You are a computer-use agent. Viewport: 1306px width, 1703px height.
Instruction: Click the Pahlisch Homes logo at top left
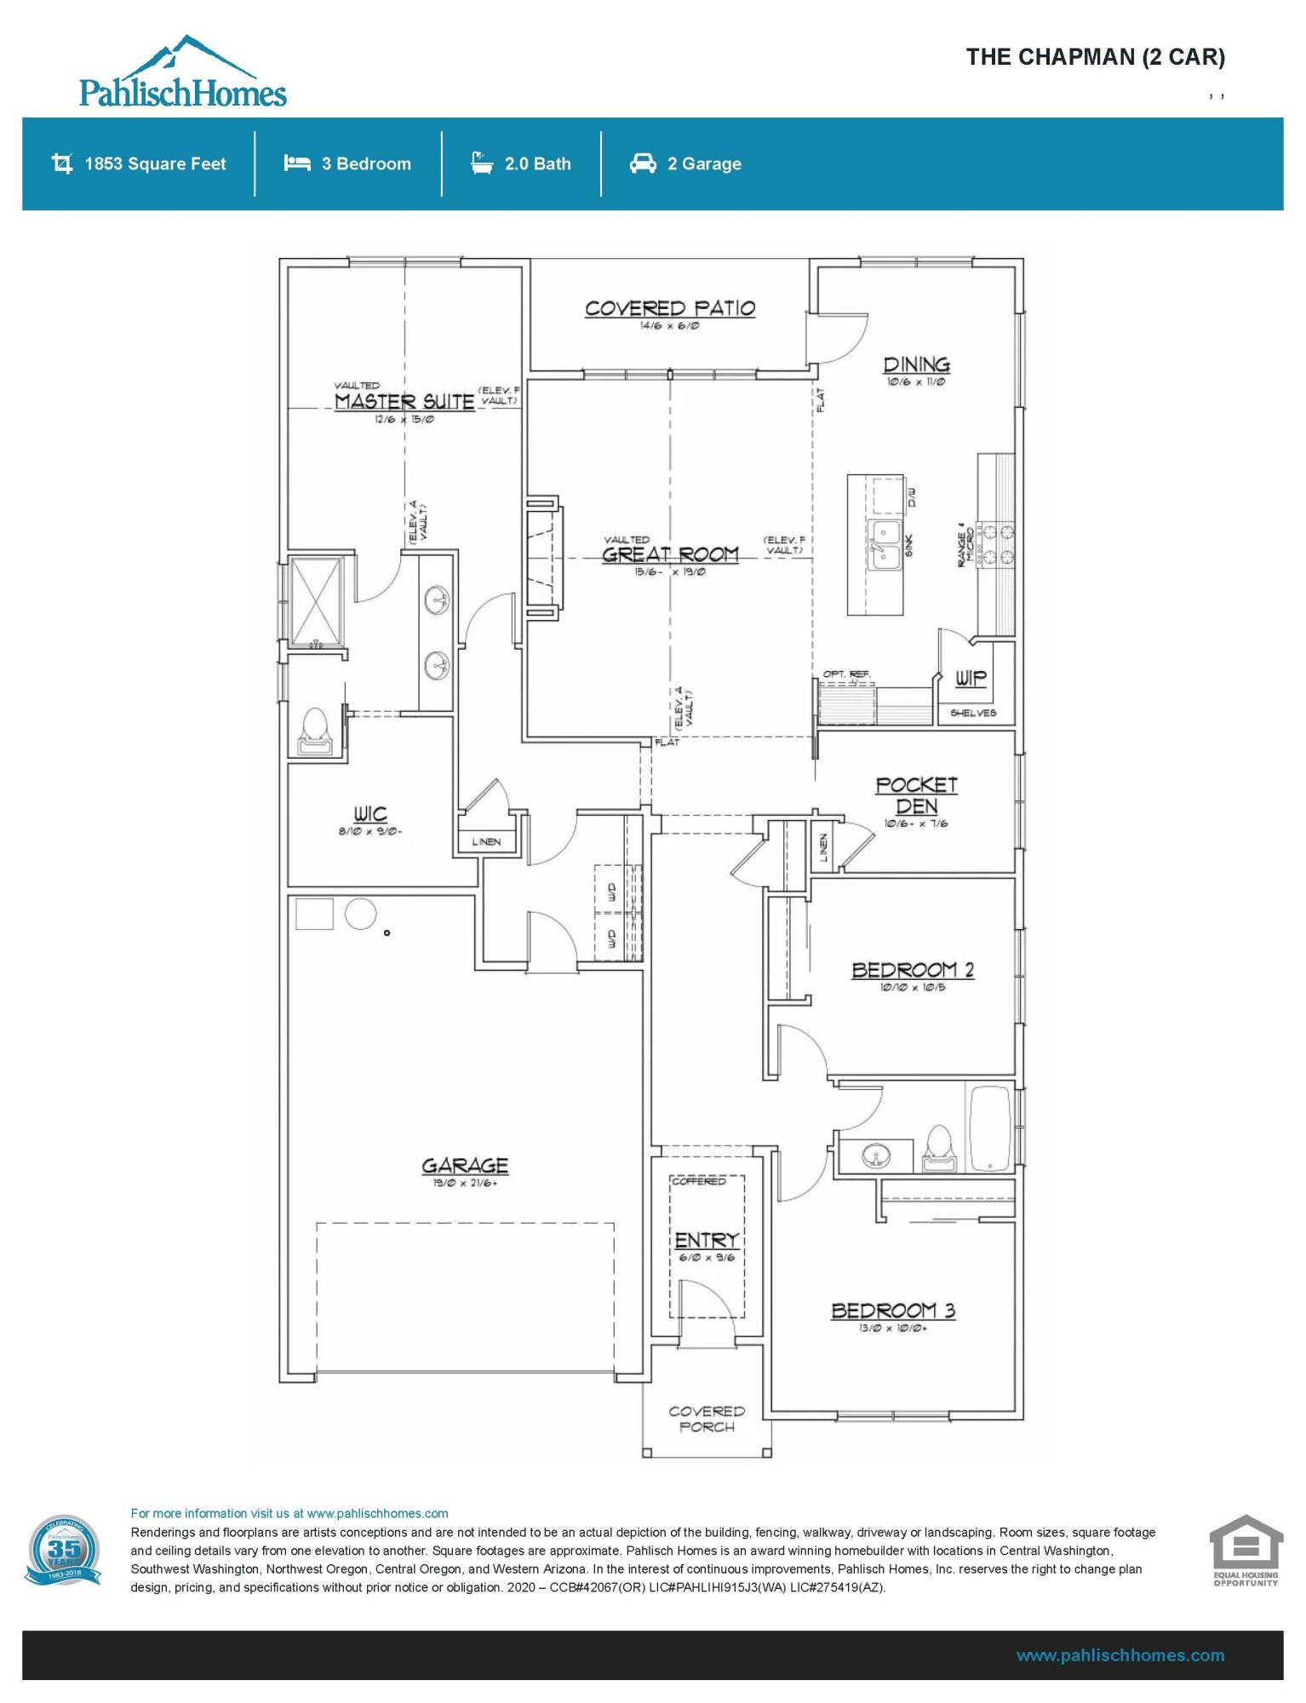click(x=182, y=73)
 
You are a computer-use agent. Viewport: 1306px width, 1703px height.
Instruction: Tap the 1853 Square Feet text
click(x=155, y=164)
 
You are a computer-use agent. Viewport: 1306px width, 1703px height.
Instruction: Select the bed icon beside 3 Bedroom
click(x=296, y=163)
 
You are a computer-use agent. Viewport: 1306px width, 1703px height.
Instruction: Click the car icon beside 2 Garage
click(x=643, y=163)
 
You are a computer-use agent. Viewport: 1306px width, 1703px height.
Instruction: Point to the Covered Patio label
click(x=669, y=309)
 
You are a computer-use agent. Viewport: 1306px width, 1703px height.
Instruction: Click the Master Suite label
click(x=404, y=402)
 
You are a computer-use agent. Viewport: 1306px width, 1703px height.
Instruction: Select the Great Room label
click(x=670, y=555)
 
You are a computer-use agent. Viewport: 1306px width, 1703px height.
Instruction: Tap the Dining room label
click(x=916, y=365)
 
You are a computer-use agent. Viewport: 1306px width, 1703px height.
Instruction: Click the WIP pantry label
click(x=970, y=678)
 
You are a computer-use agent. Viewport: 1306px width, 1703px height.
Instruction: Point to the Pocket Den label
click(x=916, y=795)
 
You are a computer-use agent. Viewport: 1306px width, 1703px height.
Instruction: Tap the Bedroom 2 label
click(x=913, y=970)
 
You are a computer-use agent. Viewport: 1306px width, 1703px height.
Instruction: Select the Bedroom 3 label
click(x=893, y=1310)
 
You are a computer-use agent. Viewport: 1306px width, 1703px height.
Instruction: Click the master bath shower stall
click(x=317, y=601)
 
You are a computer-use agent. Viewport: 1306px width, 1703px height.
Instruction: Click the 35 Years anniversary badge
click(x=63, y=1551)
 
